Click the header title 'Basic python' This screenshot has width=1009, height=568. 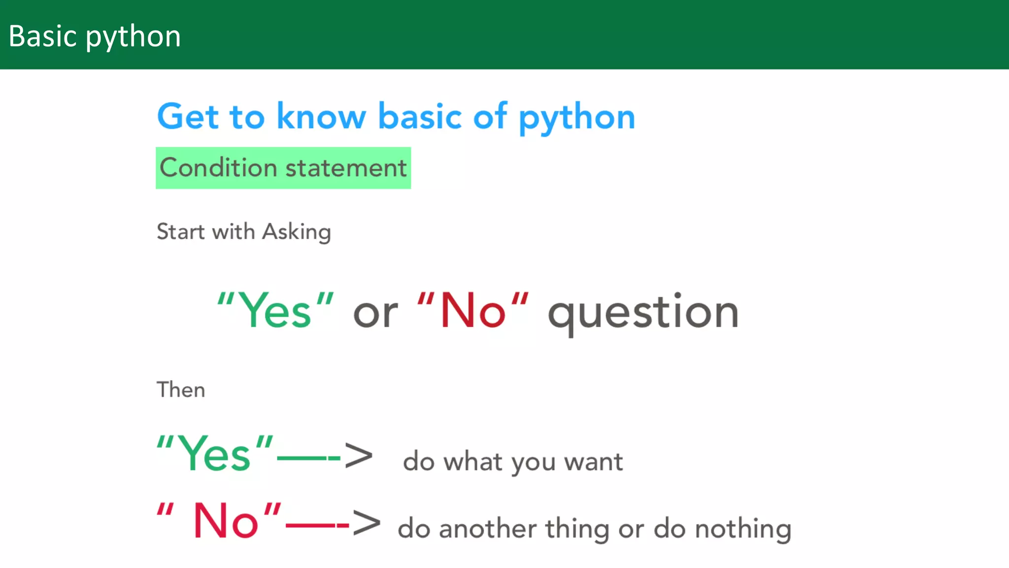coord(95,36)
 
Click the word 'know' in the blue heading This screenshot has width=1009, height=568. coord(321,116)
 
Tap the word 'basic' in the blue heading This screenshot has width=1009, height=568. coord(420,116)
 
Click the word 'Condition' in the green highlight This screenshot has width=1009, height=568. coord(218,168)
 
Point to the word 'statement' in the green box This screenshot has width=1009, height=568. coord(346,168)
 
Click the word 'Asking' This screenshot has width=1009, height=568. coord(296,232)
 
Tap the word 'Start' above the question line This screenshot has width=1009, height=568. coord(180,232)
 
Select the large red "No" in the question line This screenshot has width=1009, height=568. coord(472,311)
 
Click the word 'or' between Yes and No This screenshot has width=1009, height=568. coord(375,314)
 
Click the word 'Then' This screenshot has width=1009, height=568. coord(181,390)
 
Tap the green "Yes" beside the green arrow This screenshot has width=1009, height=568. coord(214,454)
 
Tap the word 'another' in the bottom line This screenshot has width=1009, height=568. coord(487,529)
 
